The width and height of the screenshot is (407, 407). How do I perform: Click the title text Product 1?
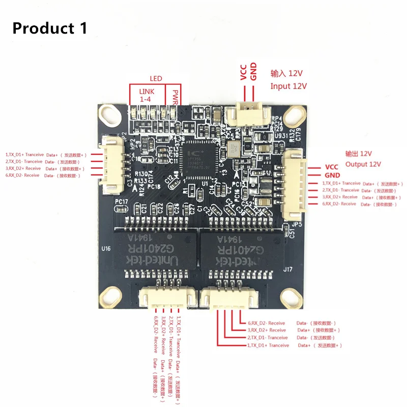tap(49, 28)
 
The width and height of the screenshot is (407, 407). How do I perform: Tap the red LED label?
tap(156, 79)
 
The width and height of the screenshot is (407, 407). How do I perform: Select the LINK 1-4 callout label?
tap(145, 95)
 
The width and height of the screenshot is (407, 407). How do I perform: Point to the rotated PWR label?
tap(175, 96)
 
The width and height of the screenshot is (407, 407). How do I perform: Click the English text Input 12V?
tap(288, 86)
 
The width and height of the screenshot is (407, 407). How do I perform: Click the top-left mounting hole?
tap(112, 118)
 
